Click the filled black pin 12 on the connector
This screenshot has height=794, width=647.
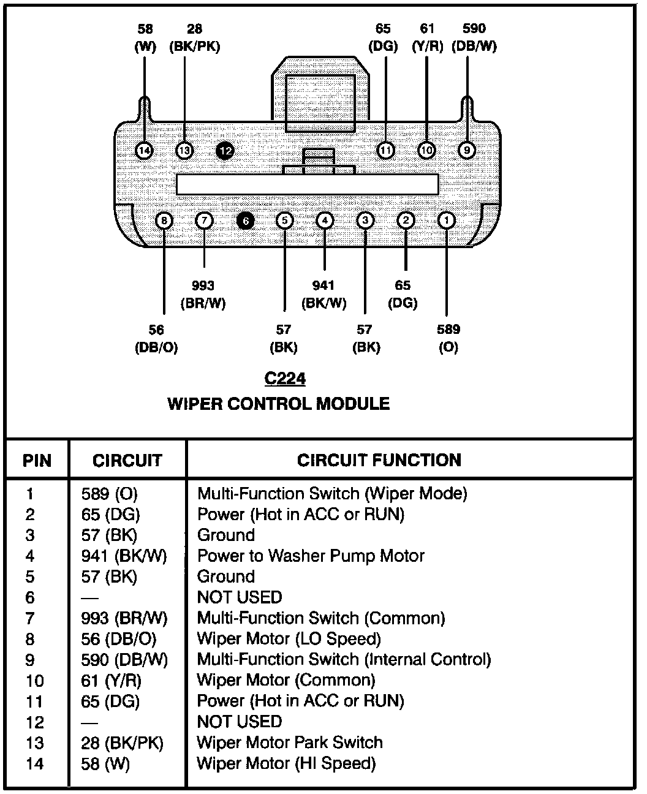pos(225,149)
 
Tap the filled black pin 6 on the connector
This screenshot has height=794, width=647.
pos(244,221)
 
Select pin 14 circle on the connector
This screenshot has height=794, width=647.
pos(144,150)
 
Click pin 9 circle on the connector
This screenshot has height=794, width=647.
pos(466,149)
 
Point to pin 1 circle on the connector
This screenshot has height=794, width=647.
pos(447,220)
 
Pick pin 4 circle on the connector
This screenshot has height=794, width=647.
pos(325,221)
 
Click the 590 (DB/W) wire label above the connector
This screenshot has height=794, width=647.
pos(474,37)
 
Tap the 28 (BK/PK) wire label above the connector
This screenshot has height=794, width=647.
pos(194,37)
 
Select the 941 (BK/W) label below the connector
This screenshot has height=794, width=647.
pos(323,294)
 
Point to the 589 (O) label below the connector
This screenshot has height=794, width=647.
pos(448,338)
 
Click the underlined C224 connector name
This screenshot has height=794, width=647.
pos(285,379)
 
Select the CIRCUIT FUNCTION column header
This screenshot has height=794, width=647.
pos(379,460)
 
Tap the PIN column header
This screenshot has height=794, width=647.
pos(37,461)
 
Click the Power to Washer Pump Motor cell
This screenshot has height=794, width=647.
pos(311,556)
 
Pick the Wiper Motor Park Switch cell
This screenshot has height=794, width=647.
pos(290,743)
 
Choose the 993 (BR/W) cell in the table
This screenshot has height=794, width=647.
pos(124,618)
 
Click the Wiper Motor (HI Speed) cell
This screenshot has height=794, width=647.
pos(286,763)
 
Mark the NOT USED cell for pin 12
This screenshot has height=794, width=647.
pos(240,722)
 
